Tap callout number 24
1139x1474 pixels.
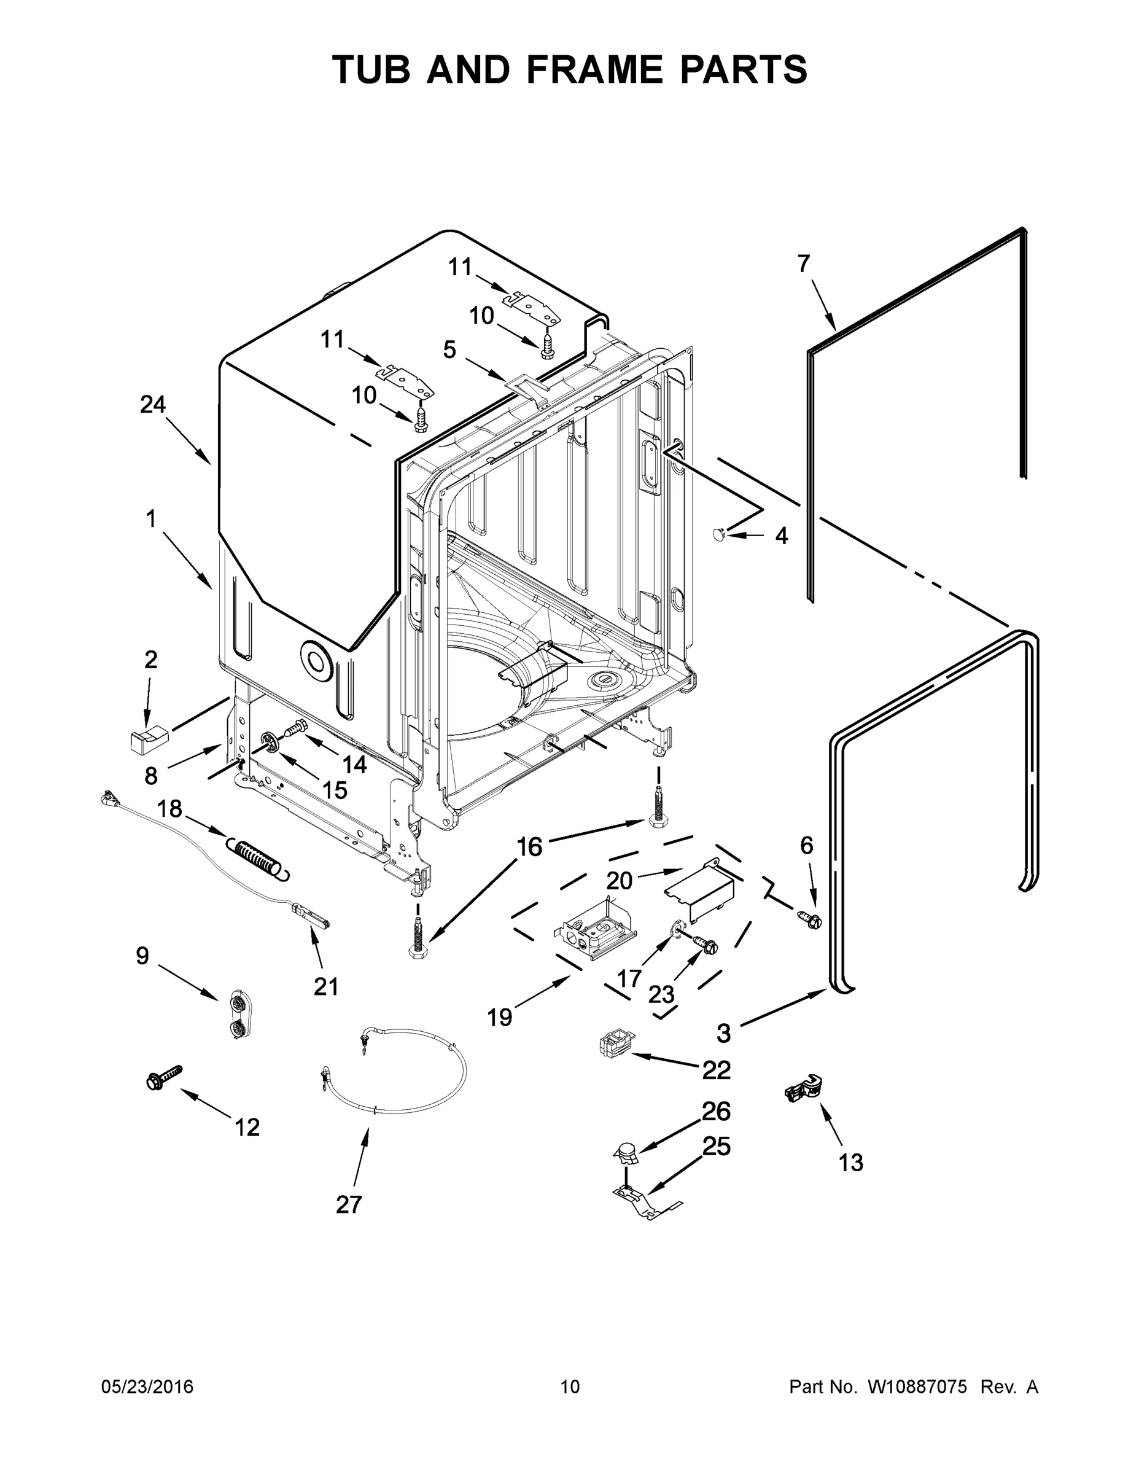point(153,404)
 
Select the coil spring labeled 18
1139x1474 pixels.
point(254,857)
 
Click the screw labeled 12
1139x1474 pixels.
point(164,1077)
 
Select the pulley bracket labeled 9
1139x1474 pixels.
point(238,1015)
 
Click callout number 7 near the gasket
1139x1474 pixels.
point(803,264)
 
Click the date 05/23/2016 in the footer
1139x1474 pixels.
point(147,1386)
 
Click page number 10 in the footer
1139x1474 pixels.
point(570,1386)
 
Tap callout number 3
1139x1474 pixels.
point(723,1032)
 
